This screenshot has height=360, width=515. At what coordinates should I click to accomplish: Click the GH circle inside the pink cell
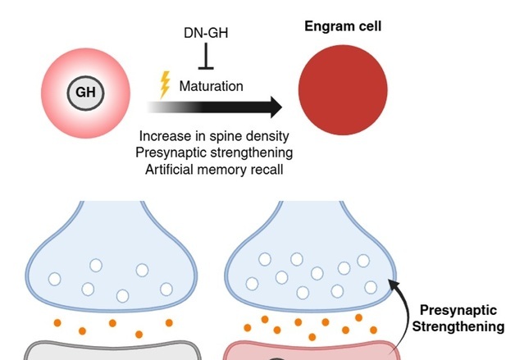coord(85,92)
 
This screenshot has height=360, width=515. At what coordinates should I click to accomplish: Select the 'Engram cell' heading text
coord(342,26)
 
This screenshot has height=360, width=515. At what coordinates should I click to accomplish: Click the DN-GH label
coord(206,34)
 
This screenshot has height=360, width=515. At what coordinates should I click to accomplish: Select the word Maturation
coord(211,85)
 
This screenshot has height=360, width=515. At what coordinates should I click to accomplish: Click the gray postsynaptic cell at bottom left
coord(107,350)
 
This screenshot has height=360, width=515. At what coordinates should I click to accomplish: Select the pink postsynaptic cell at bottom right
coord(312,351)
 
